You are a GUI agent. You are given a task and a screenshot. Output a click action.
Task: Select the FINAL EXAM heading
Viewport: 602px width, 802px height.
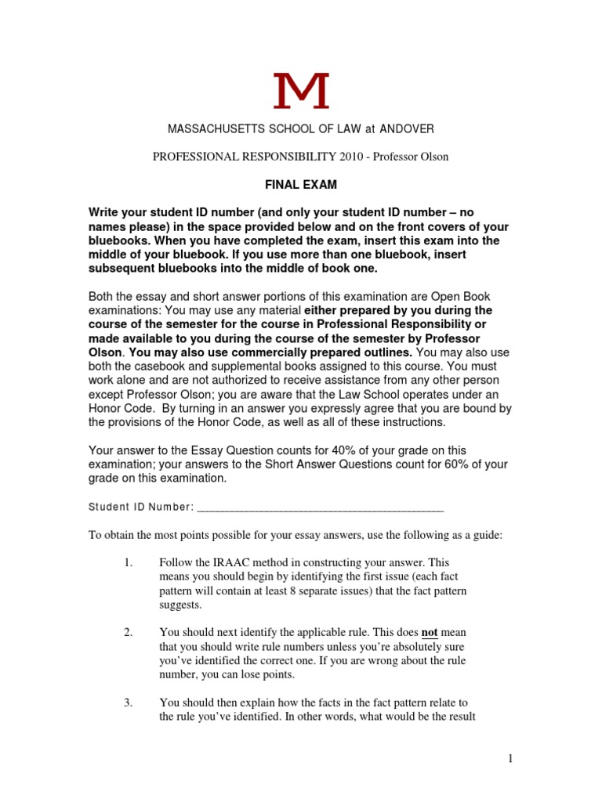pyautogui.click(x=300, y=186)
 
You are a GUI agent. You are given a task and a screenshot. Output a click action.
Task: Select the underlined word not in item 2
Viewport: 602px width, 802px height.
pyautogui.click(x=430, y=632)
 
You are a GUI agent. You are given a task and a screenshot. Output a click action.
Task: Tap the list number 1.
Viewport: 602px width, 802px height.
pyautogui.click(x=129, y=563)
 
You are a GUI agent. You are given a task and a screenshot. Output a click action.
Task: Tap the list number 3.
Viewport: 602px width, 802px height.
pyautogui.click(x=129, y=703)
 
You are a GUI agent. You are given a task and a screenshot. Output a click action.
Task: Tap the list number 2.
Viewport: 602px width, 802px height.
pyautogui.click(x=129, y=632)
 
